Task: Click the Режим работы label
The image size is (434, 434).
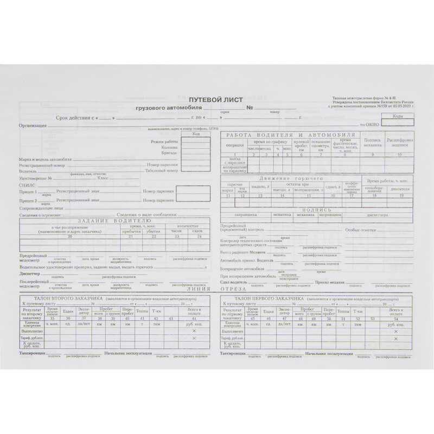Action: pyautogui.click(x=165, y=141)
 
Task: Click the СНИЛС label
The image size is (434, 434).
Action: pyautogui.click(x=26, y=185)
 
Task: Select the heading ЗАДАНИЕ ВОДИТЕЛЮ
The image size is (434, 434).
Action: pyautogui.click(x=110, y=220)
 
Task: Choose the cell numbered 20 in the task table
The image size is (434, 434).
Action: pyautogui.click(x=69, y=237)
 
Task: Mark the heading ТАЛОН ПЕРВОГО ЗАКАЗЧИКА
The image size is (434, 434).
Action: pyautogui.click(x=266, y=299)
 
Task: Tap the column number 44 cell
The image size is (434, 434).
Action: pyautogui.click(x=194, y=318)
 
